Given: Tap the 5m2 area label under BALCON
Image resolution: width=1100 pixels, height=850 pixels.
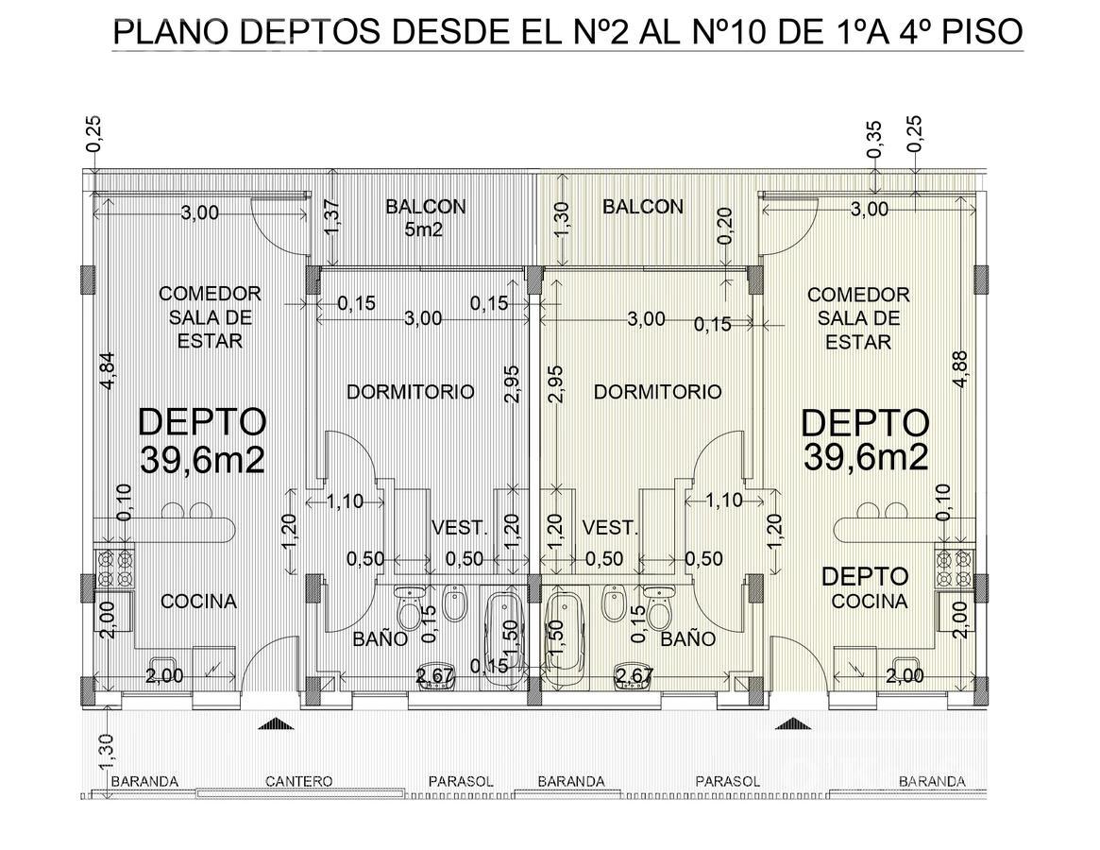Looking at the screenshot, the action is click(x=424, y=229).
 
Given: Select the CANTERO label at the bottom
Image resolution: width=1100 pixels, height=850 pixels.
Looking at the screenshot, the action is click(x=299, y=781).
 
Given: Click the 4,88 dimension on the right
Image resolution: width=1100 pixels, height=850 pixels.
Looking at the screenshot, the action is click(x=960, y=369).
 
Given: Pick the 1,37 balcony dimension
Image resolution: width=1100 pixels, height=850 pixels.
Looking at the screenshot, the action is click(x=332, y=218).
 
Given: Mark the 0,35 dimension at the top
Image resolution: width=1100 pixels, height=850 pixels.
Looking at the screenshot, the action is click(x=874, y=139).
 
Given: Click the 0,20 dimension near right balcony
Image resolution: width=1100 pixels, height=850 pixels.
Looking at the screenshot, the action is click(x=725, y=226).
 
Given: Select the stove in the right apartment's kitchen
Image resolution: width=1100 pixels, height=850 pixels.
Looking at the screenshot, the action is click(x=955, y=568).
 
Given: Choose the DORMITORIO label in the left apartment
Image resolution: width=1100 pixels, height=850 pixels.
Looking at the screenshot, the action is click(x=411, y=391).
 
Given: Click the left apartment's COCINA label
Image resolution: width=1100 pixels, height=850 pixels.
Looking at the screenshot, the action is click(x=198, y=602).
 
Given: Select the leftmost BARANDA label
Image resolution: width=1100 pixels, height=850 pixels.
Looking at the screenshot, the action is click(x=144, y=781).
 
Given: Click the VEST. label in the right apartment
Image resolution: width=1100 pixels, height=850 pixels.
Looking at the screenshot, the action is click(x=610, y=527).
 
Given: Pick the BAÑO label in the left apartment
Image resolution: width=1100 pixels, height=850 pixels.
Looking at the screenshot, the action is click(x=380, y=638).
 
